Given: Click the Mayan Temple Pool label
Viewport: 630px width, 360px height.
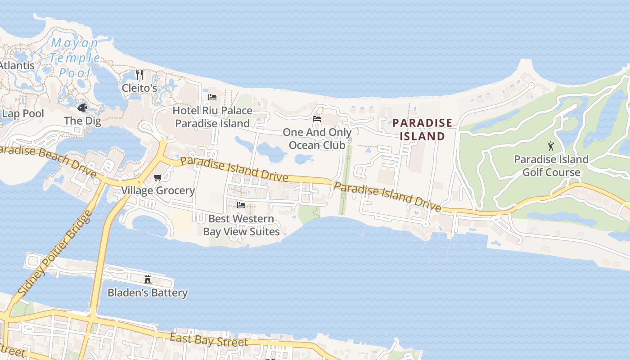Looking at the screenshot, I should tap(75, 58).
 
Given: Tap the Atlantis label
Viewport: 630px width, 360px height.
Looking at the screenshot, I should tap(17, 65).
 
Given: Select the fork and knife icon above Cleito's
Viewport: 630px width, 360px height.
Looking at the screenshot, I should tap(139, 75).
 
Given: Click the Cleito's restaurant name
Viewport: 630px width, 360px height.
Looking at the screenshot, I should tap(139, 88).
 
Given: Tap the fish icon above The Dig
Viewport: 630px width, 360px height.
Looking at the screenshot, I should tap(82, 108).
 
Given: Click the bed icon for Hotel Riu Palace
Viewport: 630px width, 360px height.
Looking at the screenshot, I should tap(212, 97).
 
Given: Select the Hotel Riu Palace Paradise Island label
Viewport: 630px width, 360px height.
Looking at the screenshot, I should tap(212, 117).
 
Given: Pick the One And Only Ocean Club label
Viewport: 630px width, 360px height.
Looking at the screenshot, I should tap(317, 139).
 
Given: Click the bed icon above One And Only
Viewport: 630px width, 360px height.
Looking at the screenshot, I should tap(317, 119).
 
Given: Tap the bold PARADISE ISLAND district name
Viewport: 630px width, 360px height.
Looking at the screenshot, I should tap(422, 130).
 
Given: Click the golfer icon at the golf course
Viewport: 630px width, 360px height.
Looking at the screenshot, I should tap(551, 146).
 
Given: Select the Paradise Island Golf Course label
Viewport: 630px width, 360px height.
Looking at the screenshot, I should tap(551, 166).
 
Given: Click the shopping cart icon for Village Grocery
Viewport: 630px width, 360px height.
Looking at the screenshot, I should tap(157, 178).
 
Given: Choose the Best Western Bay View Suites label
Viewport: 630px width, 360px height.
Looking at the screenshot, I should tap(241, 225).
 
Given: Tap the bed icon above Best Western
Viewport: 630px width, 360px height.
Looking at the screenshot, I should tap(241, 205).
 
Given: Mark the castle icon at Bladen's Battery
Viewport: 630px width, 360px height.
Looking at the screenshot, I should tap(148, 279).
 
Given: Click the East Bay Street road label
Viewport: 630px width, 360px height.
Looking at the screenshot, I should tap(209, 340).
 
